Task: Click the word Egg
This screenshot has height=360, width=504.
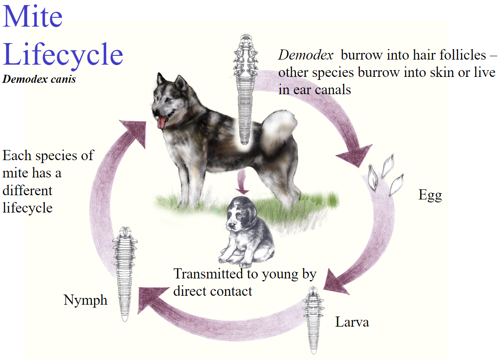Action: coord(430,195)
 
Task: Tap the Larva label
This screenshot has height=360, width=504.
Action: coord(352,322)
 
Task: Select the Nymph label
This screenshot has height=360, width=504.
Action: coord(85,300)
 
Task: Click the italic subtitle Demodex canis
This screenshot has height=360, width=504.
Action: coord(39,79)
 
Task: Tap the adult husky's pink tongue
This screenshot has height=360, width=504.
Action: coord(162,123)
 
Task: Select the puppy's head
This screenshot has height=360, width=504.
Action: coord(241,214)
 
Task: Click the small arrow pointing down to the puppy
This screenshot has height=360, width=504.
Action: coord(242,182)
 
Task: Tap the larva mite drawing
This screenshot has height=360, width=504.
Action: coord(313,320)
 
